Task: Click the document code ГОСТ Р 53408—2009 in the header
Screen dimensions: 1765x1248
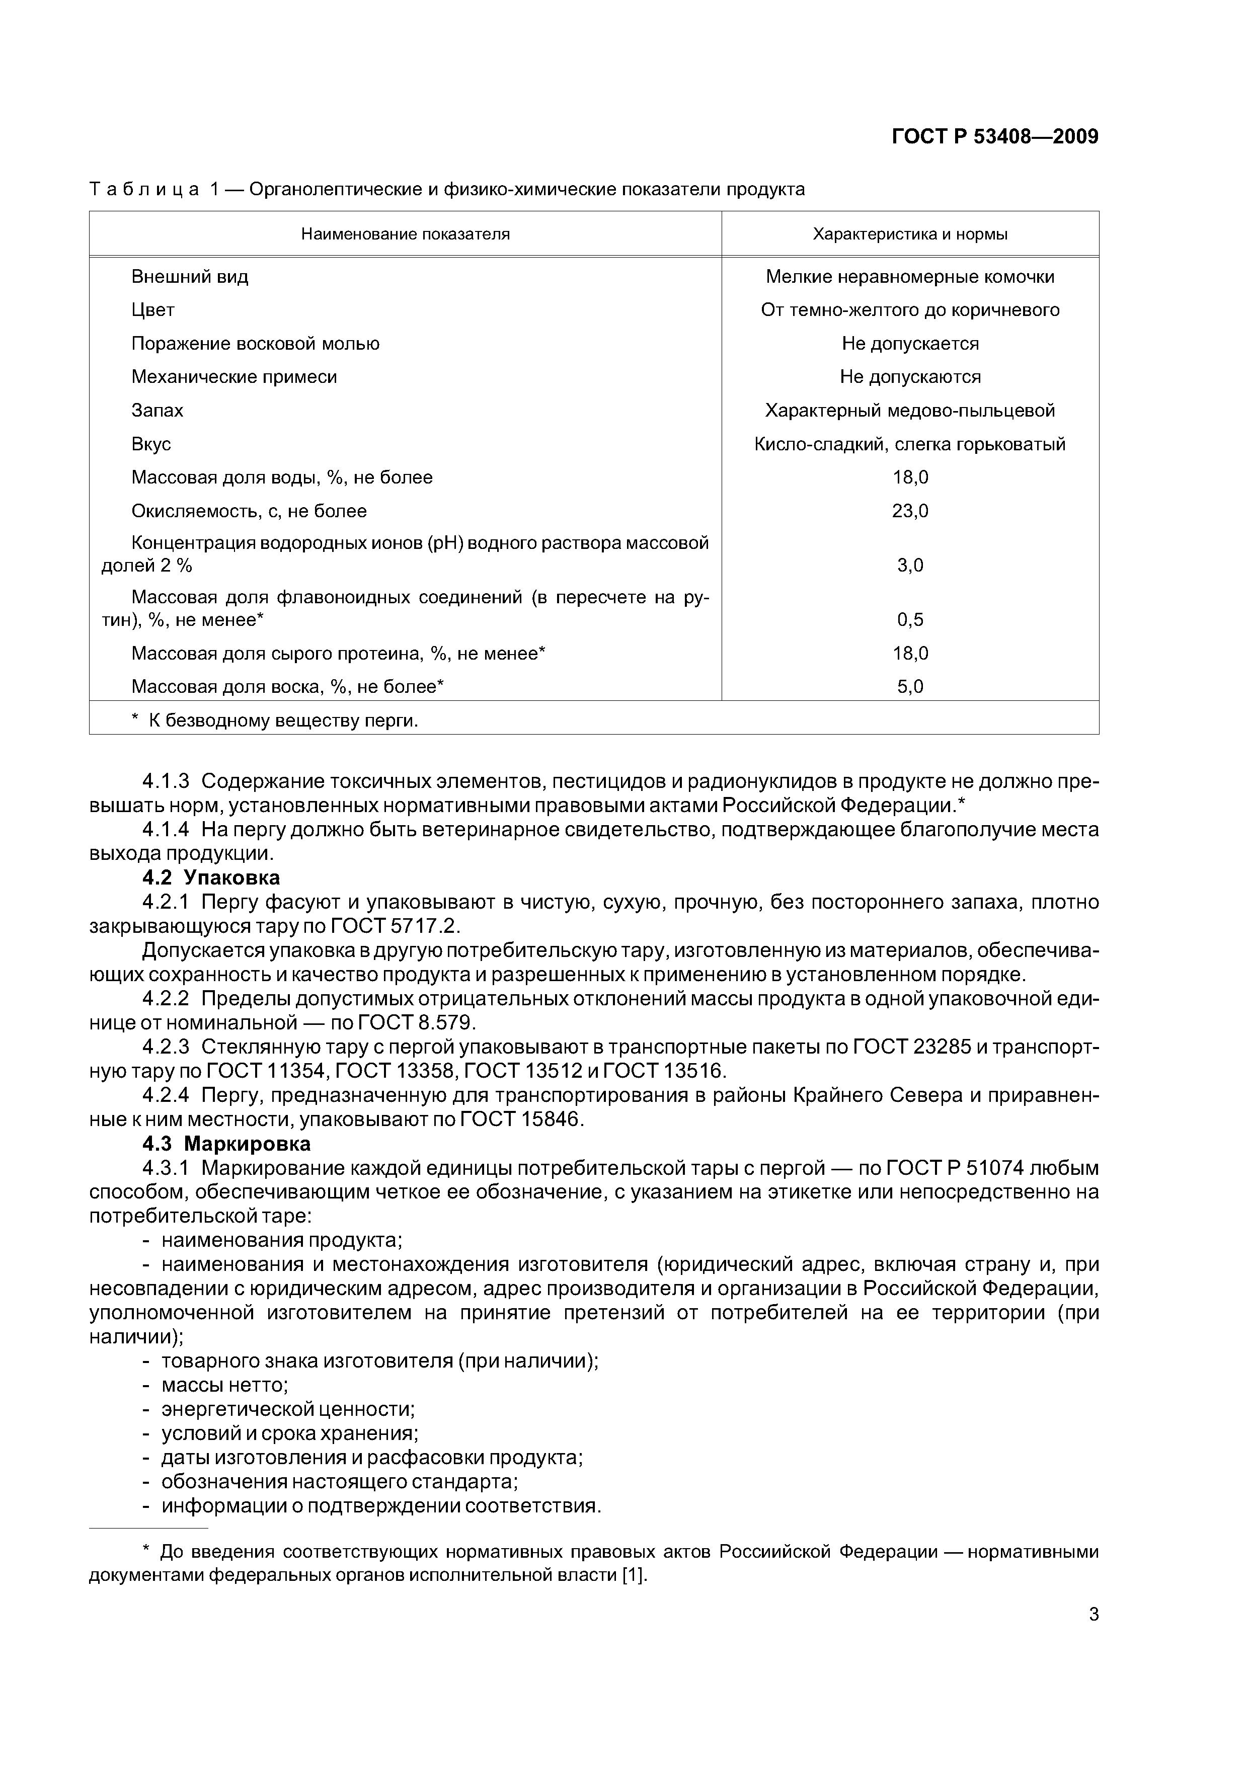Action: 995,137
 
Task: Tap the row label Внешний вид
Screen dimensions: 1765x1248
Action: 190,277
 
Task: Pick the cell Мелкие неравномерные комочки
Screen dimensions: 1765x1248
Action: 910,277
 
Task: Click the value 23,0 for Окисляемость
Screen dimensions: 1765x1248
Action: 910,511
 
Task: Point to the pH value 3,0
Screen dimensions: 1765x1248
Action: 910,566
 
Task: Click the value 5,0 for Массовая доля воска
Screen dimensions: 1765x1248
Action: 910,686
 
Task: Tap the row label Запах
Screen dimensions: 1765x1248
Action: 158,411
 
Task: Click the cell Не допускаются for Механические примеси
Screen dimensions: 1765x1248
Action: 910,377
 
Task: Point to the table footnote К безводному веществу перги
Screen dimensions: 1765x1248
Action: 277,720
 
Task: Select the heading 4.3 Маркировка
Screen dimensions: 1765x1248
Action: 227,1144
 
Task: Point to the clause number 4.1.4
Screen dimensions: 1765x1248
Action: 166,830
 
